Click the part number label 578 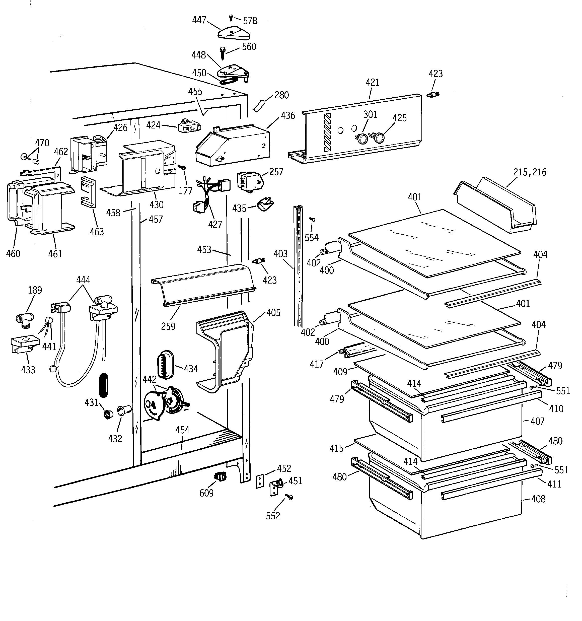pyautogui.click(x=250, y=21)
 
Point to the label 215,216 pyautogui.click(x=530, y=172)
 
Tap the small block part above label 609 pyautogui.click(x=221, y=477)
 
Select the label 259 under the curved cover pyautogui.click(x=168, y=326)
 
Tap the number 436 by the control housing pyautogui.click(x=287, y=116)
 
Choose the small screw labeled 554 pyautogui.click(x=312, y=220)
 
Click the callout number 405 pyautogui.click(x=273, y=313)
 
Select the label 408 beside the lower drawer pyautogui.click(x=538, y=499)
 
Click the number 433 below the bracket pyautogui.click(x=28, y=370)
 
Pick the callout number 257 pyautogui.click(x=276, y=172)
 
